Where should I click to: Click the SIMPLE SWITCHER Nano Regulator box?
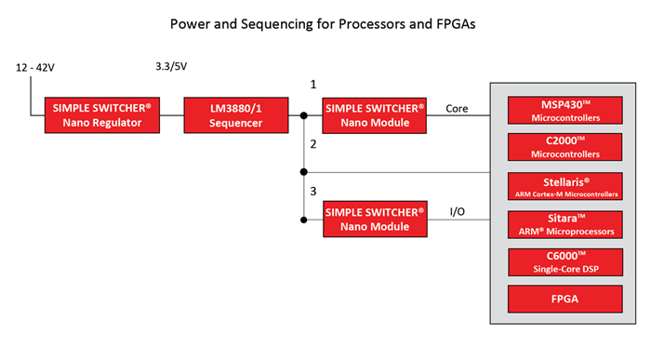(x=102, y=115)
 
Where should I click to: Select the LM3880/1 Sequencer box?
(x=236, y=115)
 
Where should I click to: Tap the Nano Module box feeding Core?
(x=374, y=115)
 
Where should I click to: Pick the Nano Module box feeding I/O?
(x=375, y=220)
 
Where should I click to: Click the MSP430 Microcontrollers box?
(x=565, y=111)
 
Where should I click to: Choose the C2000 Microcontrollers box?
(x=565, y=147)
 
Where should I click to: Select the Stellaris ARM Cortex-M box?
(x=565, y=186)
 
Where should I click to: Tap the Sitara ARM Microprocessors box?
(x=565, y=224)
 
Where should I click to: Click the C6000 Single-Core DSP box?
(x=565, y=262)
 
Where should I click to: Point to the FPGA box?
(x=565, y=299)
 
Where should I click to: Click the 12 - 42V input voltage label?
(x=35, y=67)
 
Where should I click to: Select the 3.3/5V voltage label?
(x=171, y=66)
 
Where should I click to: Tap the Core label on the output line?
(x=457, y=109)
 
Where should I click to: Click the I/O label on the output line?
(x=458, y=212)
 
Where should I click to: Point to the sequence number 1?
(x=313, y=85)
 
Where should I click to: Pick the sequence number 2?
(x=313, y=144)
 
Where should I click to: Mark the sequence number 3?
(x=313, y=191)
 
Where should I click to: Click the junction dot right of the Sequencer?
(x=304, y=115)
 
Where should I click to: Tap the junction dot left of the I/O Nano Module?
(x=304, y=220)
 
